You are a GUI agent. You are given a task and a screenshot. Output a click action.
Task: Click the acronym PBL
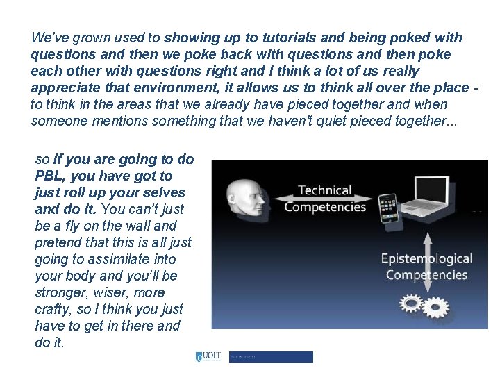(48, 176)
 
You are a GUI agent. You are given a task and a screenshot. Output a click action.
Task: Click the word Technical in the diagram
(324, 190)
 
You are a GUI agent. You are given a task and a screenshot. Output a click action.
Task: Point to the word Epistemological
(426, 259)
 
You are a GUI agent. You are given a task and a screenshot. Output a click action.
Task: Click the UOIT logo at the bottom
(208, 357)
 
